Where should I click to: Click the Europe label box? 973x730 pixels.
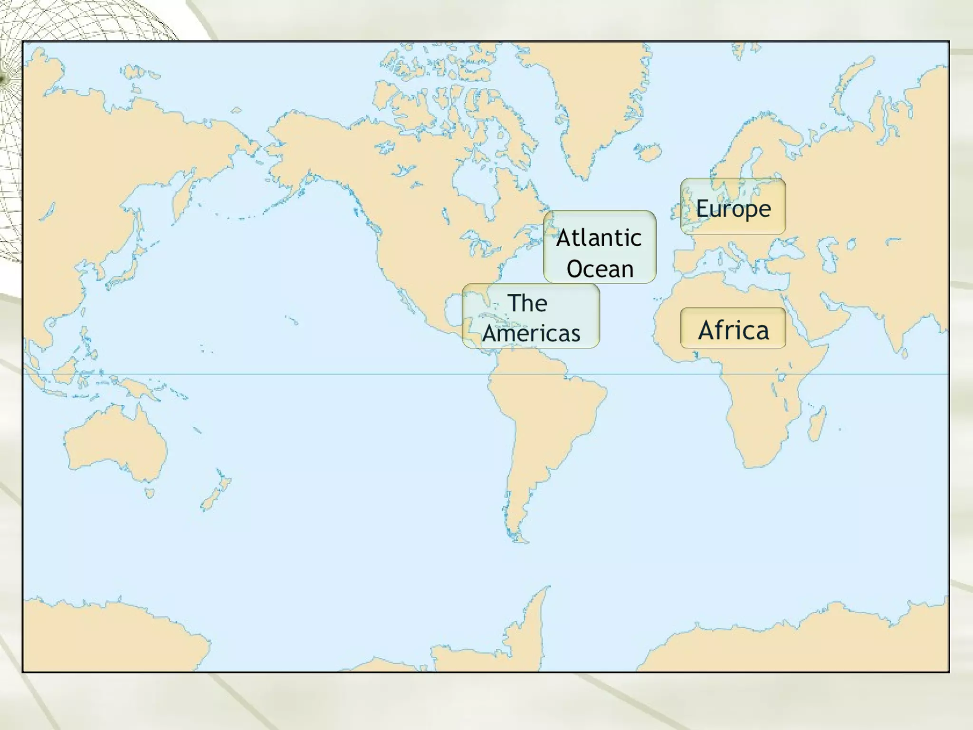coord(733,207)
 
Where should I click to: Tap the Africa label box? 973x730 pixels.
coord(733,328)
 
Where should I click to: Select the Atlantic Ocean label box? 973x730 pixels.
coord(600,247)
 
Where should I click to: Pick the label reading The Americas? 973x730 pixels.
coord(531,316)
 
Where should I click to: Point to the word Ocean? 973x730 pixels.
coord(600,269)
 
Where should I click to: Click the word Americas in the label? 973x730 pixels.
coord(531,333)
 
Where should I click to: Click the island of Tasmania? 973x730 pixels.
coord(150,492)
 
